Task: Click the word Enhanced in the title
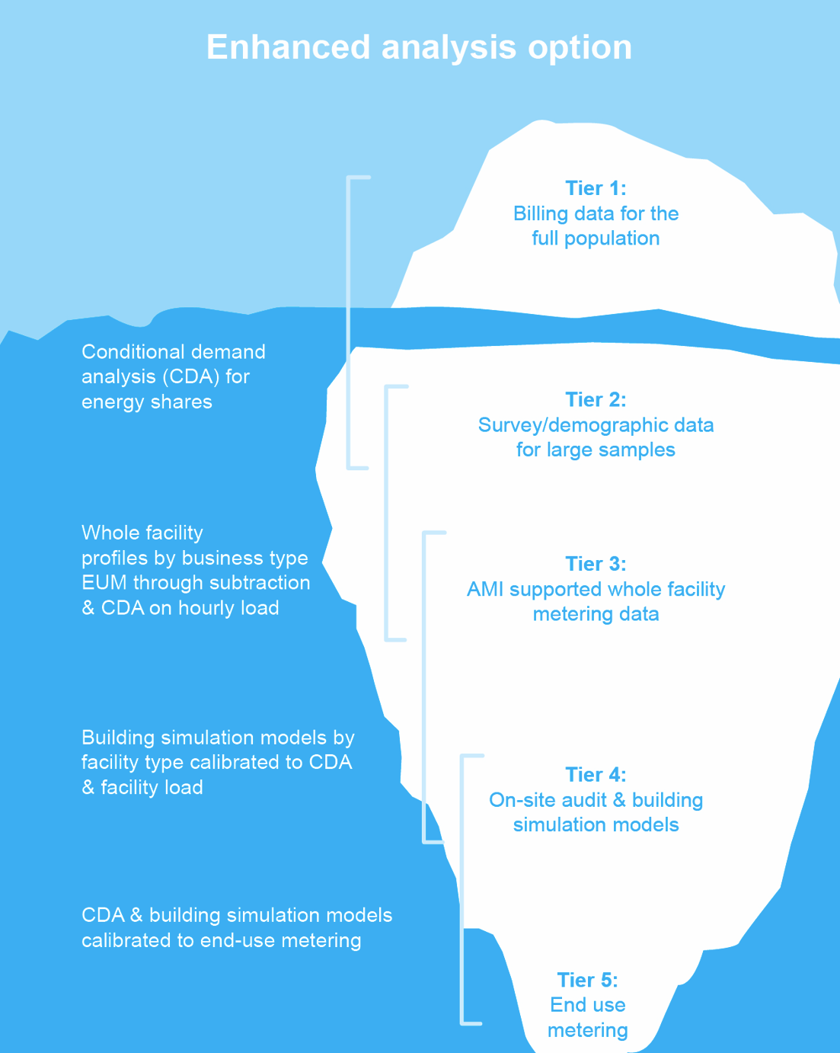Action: click(x=288, y=47)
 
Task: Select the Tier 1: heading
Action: click(x=596, y=188)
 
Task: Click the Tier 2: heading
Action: click(x=596, y=400)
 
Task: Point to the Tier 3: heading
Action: click(x=596, y=564)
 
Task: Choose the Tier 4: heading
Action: click(x=596, y=775)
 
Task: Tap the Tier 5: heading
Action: click(x=588, y=981)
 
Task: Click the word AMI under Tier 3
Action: click(x=485, y=589)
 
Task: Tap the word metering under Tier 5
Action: click(x=588, y=1031)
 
